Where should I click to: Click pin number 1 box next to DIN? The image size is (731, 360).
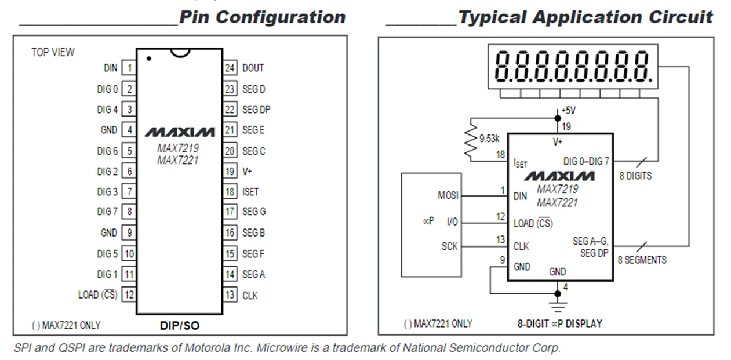point(129,68)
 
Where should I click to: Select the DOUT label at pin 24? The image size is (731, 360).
point(253,68)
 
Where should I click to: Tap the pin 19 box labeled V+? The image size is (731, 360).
point(230,172)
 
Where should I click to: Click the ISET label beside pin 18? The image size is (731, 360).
point(250,192)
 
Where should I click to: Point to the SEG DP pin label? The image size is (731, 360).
point(256,110)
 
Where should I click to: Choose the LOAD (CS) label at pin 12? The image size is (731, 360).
point(97,295)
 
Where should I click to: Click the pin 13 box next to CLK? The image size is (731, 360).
point(230,295)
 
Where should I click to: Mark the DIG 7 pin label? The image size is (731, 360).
point(107,212)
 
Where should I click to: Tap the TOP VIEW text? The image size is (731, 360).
point(53,52)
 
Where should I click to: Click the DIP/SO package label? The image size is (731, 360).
point(179,326)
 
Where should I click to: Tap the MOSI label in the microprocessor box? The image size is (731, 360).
point(448,196)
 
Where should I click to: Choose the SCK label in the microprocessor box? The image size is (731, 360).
point(449,246)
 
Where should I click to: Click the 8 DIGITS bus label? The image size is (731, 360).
point(635,176)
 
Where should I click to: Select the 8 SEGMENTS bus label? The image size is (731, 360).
point(642,260)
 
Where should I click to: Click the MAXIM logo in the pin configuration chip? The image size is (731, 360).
point(179,132)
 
